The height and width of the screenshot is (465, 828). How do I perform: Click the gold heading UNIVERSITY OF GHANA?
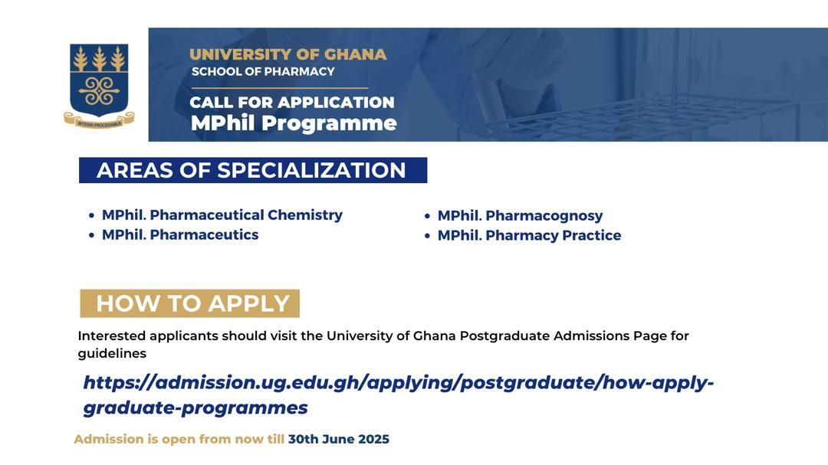(x=287, y=54)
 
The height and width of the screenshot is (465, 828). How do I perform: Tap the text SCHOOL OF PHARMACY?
(x=263, y=71)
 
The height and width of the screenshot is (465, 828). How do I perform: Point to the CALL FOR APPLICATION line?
(x=292, y=102)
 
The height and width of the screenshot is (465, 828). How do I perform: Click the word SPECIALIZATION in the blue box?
(x=311, y=171)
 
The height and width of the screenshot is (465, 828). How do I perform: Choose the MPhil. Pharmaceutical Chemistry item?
(x=222, y=214)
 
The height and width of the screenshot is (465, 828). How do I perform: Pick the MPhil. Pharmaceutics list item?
(x=180, y=234)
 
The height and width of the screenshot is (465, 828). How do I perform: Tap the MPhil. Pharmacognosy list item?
(x=520, y=216)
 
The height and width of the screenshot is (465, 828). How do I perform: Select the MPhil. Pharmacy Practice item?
(x=529, y=235)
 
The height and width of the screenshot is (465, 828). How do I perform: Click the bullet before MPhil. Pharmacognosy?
(x=427, y=216)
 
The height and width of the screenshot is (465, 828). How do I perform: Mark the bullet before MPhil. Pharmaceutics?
(x=92, y=235)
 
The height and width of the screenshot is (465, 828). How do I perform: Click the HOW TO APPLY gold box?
(x=190, y=303)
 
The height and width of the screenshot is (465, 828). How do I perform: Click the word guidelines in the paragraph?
(x=112, y=354)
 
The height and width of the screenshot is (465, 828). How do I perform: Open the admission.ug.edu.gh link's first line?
(x=399, y=383)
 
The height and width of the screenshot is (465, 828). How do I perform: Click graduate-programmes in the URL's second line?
(x=195, y=408)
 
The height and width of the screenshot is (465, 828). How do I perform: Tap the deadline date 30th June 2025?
(x=339, y=439)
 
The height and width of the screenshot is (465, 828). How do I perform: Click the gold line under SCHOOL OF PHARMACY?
(x=279, y=87)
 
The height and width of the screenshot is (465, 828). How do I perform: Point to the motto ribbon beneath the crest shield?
(x=99, y=120)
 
